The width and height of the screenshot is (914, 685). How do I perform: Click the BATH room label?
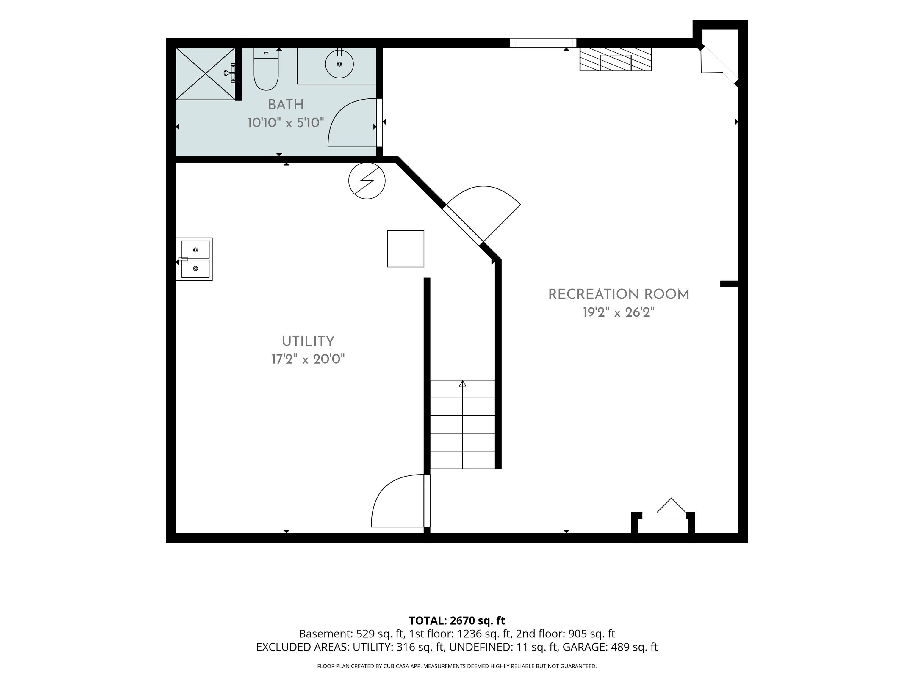(286, 105)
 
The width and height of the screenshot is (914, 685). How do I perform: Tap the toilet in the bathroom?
(266, 69)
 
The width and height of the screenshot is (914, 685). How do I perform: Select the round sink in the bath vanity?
(339, 64)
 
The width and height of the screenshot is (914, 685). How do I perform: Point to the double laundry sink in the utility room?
(195, 259)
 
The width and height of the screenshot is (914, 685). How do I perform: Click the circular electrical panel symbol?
(367, 181)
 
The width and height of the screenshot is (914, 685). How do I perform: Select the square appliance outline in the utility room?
(405, 249)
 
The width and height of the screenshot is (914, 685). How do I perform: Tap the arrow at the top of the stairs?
(462, 384)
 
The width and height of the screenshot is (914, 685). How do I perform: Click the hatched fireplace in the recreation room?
(615, 59)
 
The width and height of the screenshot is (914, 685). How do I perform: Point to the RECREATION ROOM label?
(619, 294)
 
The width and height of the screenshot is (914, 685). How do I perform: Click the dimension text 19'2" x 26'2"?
(619, 312)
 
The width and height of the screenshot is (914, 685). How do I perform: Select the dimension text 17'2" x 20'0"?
(308, 359)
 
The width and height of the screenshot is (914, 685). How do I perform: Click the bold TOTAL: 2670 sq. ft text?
(457, 620)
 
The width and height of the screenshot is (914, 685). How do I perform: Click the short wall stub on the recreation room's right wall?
(729, 284)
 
